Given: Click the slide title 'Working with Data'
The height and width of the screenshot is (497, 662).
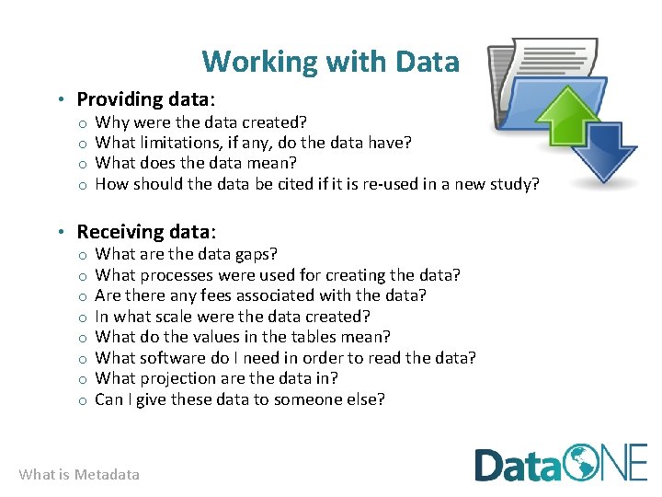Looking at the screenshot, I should [x=330, y=62].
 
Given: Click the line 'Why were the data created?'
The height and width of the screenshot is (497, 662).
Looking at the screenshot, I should [x=200, y=122].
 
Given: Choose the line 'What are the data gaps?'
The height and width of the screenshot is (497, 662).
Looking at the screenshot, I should [x=186, y=254].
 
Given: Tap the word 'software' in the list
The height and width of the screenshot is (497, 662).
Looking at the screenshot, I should [x=170, y=358].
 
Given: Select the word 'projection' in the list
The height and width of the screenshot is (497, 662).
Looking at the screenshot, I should [x=176, y=378].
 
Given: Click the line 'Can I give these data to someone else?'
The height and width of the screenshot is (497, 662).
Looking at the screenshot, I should [x=240, y=399].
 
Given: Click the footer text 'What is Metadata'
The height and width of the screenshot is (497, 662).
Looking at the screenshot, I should [x=79, y=475].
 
